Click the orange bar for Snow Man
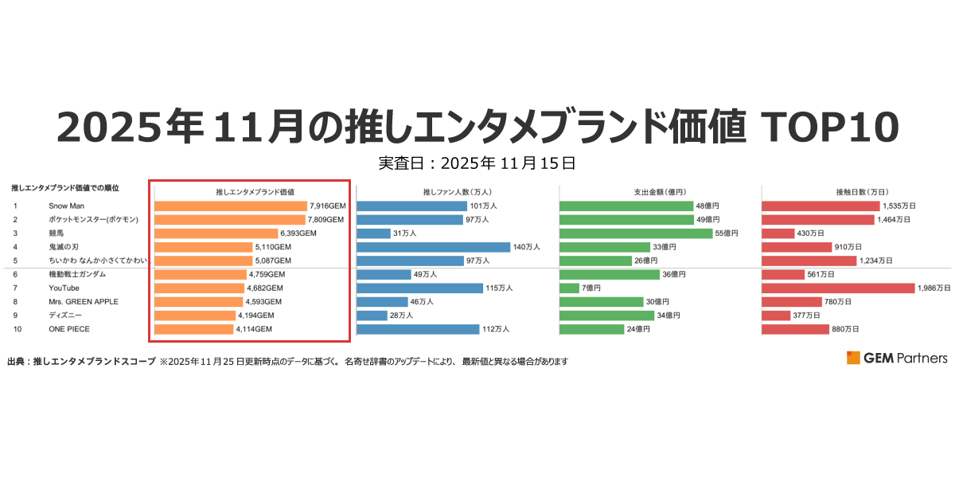click(x=230, y=206)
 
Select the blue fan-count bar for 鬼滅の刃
click(x=433, y=247)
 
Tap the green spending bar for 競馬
click(x=636, y=233)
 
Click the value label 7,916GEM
click(x=327, y=206)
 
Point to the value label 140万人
click(x=527, y=247)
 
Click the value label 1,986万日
click(x=934, y=288)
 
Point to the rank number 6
click(x=15, y=274)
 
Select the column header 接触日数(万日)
click(x=856, y=192)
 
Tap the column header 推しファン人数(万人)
click(x=457, y=192)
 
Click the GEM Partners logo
click(x=897, y=358)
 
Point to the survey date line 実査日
click(x=477, y=164)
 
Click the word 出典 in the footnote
click(x=17, y=361)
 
